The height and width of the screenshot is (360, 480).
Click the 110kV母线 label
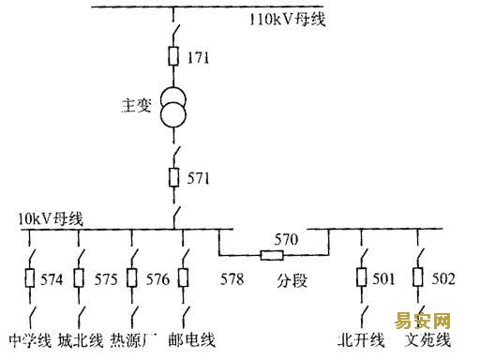288,20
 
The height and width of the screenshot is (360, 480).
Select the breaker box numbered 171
173,56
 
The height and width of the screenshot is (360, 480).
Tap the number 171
198,57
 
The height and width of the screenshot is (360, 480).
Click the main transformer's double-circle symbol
173,108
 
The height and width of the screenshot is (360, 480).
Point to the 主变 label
136,105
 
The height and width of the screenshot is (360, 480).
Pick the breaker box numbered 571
173,177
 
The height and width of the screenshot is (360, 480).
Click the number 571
198,178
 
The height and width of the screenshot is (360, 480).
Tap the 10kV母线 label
51,218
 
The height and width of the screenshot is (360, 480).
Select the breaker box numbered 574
30,277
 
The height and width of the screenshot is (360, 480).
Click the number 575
106,279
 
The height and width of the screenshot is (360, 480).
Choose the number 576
157,279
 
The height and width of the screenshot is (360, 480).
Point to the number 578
232,278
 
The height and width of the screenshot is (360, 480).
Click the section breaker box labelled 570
272,256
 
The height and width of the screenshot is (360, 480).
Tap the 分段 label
292,280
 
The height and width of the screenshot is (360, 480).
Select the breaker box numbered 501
362,277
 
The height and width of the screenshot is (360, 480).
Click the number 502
443,278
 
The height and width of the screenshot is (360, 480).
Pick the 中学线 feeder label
30,340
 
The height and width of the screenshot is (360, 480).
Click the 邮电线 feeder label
191,340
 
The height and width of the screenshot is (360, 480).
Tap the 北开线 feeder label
361,340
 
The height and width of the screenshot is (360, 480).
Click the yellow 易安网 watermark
422,321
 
